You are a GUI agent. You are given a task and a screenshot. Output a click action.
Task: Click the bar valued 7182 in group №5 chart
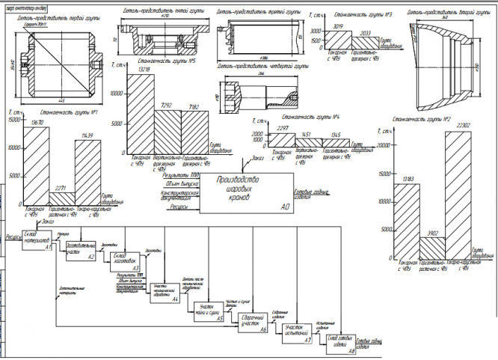click(x=195, y=132)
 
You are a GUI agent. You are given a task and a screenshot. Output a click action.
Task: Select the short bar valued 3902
click(x=433, y=247)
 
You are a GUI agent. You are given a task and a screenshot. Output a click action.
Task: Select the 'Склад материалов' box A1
click(x=35, y=238)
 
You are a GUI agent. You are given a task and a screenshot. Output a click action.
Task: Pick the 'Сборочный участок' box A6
click(x=253, y=323)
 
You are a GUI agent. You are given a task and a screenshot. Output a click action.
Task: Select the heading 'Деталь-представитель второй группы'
click(x=446, y=13)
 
